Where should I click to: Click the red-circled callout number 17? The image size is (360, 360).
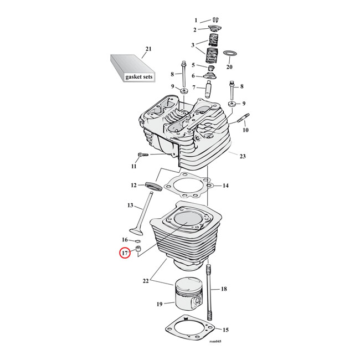click(126, 254)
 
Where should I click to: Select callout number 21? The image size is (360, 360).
click(148, 50)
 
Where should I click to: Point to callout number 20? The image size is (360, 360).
click(229, 67)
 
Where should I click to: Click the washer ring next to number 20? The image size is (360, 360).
click(230, 54)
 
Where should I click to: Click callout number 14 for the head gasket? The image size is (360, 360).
click(225, 186)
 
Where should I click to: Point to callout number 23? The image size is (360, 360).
click(242, 156)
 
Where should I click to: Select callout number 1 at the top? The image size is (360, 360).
click(196, 20)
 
